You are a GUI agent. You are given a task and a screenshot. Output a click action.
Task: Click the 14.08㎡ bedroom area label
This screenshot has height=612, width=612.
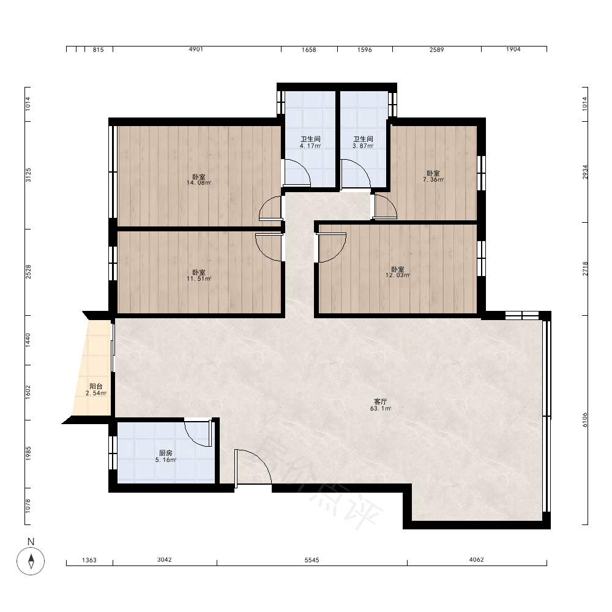(x=199, y=179)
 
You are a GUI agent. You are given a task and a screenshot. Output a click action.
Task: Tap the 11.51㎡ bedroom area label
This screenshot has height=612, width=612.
(x=199, y=275)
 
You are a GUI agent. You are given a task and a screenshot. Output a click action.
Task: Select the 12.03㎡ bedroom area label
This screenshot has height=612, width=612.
(x=398, y=272)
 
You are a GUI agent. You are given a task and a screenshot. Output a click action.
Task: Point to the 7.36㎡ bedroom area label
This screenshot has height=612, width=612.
(x=433, y=176)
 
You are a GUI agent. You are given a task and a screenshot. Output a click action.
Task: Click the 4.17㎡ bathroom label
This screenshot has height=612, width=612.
(x=310, y=143)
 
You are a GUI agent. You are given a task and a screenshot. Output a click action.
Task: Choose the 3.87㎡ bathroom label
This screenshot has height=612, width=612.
(x=363, y=143)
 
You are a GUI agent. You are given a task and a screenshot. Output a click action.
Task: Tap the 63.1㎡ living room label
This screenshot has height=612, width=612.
(x=381, y=405)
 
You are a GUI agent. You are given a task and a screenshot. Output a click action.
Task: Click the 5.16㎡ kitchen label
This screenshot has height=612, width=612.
(x=166, y=457)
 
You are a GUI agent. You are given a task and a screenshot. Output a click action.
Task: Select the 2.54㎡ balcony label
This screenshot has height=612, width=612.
(x=96, y=389)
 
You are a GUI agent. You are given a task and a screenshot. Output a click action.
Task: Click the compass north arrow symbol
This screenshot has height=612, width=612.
(x=31, y=561)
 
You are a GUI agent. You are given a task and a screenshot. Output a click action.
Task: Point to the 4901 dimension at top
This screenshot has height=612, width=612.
(x=196, y=49)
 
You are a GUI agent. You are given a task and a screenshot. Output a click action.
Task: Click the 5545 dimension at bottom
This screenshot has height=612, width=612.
(x=312, y=560)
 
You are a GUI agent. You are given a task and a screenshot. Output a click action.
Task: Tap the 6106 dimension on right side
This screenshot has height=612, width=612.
(x=584, y=420)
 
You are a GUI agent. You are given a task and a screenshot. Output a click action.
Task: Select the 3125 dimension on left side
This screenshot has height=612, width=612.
(x=28, y=175)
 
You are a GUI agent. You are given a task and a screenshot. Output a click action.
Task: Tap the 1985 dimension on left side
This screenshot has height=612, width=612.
(x=28, y=454)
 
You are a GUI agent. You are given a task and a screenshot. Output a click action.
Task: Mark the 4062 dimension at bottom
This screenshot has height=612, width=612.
(x=476, y=560)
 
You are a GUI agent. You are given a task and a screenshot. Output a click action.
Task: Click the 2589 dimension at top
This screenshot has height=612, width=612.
(x=437, y=50)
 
